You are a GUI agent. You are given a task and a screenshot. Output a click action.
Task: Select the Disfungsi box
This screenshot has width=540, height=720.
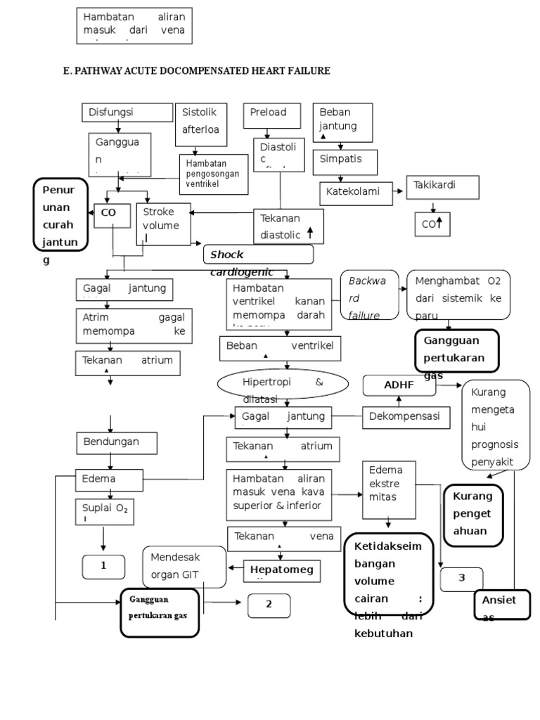[127, 112]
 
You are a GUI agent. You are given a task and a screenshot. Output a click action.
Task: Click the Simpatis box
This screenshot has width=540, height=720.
[345, 162]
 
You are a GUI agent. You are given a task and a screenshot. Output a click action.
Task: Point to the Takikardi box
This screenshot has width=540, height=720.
[442, 187]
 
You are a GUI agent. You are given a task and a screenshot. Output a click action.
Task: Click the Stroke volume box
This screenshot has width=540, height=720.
[163, 224]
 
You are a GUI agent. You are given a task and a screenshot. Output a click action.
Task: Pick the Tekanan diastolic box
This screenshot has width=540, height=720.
[288, 226]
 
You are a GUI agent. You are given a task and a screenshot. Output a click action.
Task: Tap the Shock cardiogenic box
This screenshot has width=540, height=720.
[258, 255]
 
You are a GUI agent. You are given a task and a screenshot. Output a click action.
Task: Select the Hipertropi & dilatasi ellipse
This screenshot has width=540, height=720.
[283, 383]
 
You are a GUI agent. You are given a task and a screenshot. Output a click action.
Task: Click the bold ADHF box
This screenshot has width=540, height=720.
[398, 385]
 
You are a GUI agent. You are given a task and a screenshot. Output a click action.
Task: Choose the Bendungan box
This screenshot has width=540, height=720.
[117, 442]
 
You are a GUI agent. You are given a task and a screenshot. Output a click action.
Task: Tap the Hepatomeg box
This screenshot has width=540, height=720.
[282, 571]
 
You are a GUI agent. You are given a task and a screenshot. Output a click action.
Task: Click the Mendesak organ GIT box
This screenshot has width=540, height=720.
[184, 566]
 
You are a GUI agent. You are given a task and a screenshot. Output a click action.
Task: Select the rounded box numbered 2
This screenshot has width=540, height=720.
[269, 605]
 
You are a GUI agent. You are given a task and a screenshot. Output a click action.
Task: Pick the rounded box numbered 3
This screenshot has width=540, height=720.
[461, 579]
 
